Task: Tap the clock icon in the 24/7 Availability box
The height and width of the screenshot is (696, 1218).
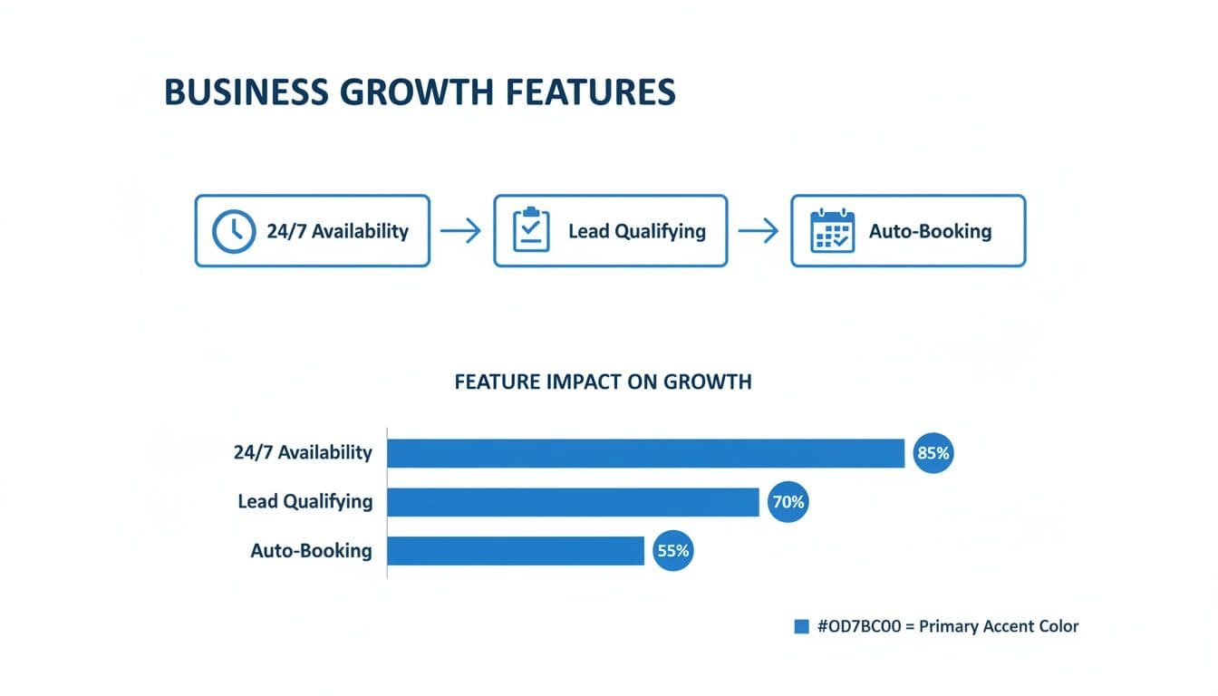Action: pos(233,231)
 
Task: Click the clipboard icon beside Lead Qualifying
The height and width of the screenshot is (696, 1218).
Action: pos(531,231)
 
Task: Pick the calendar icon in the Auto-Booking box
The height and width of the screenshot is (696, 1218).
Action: pos(832,231)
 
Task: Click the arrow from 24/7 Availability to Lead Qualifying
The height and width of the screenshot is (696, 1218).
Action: pos(460,231)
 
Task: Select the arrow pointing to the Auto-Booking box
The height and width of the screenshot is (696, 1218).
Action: pos(759,231)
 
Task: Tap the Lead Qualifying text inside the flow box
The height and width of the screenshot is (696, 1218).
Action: pos(636,231)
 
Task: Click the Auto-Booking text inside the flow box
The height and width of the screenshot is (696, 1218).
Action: pos(930,231)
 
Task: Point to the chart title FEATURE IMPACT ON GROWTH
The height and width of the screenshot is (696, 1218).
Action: pos(603,382)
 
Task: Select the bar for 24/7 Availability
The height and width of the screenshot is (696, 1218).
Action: pos(645,453)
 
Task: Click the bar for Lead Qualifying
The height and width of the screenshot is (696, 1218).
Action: pos(573,501)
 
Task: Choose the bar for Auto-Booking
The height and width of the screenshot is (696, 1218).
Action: pos(516,550)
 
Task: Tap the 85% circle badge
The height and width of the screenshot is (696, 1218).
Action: pos(933,453)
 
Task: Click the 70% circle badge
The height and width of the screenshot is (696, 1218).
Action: pos(787,501)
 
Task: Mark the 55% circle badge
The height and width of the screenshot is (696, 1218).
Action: pos(672,550)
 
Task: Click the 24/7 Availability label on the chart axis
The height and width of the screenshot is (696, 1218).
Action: pos(303,452)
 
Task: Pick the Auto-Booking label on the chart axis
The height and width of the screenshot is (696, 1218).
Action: pos(311,550)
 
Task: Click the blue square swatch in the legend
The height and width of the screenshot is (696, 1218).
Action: pos(801,626)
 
